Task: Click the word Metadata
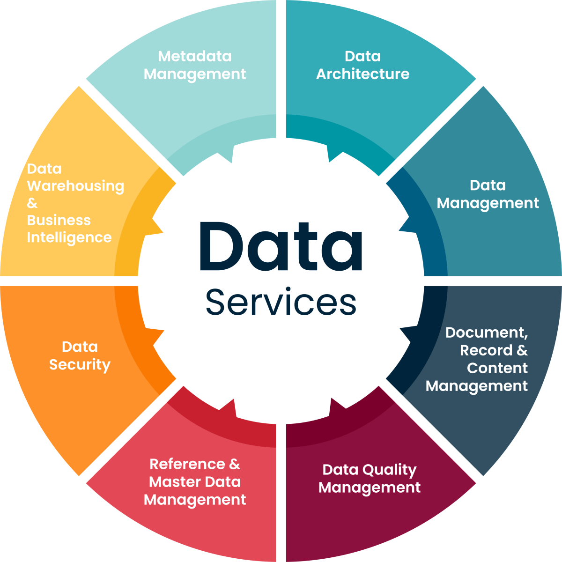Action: click(195, 56)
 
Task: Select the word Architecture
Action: click(362, 74)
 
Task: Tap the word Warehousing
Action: click(75, 186)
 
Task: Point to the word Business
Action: click(59, 220)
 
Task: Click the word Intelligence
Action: click(69, 237)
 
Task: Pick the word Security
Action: click(80, 365)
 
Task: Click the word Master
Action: click(175, 482)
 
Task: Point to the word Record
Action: click(486, 350)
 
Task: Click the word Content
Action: click(497, 368)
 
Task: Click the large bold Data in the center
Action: click(281, 247)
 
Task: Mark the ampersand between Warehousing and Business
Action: click(32, 203)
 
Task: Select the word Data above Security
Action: click(80, 347)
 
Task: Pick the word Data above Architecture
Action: click(362, 56)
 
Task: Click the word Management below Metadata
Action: click(195, 74)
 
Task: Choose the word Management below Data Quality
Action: click(370, 488)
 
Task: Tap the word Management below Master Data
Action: click(195, 500)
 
